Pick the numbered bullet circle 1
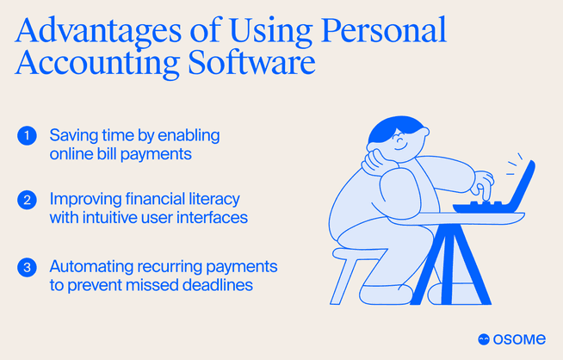click(27, 135)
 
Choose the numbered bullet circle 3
click(27, 268)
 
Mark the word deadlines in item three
click(220, 285)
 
